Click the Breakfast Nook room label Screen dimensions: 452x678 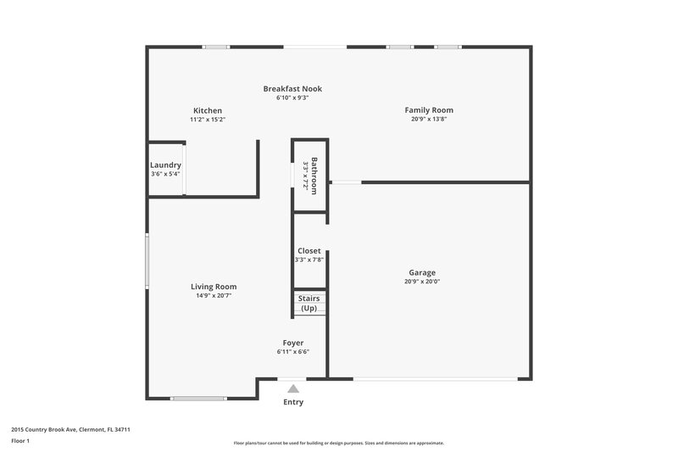[x=292, y=89]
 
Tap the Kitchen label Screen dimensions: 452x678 [x=208, y=111]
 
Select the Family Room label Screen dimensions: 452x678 [x=429, y=110]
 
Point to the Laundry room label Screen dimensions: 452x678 [x=165, y=165]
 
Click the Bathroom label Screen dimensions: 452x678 [x=314, y=176]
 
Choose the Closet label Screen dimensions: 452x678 [x=309, y=251]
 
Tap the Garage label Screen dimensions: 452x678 [x=423, y=273]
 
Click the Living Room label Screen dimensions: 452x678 [x=214, y=287]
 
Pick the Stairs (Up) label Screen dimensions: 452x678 [x=309, y=304]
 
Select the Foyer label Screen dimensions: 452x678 [x=293, y=343]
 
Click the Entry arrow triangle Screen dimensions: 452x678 [x=293, y=388]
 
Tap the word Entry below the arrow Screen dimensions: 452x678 [x=293, y=402]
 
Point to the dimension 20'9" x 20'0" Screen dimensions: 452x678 [x=423, y=282]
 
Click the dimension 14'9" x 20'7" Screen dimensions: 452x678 [x=214, y=295]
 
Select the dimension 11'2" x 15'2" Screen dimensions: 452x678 [x=208, y=120]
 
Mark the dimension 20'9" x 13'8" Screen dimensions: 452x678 [x=429, y=119]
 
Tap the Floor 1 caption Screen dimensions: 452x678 [x=21, y=441]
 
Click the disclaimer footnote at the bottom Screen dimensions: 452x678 [x=339, y=443]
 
